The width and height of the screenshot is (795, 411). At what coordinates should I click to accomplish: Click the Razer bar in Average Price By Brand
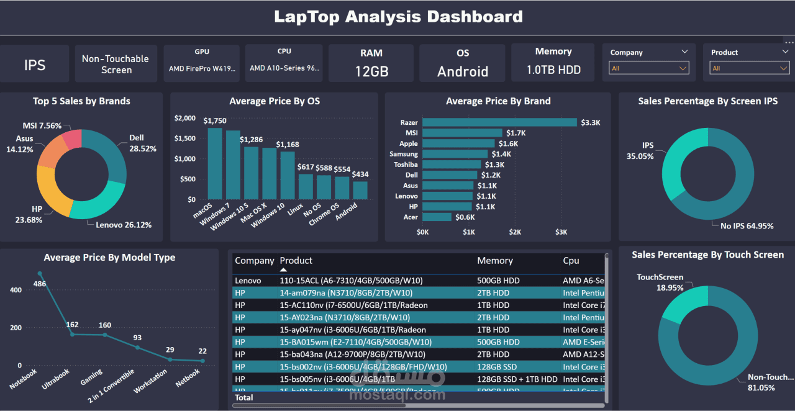pyautogui.click(x=499, y=122)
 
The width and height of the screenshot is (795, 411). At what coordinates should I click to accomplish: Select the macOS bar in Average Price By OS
pyautogui.click(x=215, y=165)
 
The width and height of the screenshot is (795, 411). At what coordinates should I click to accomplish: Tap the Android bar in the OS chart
pyautogui.click(x=360, y=190)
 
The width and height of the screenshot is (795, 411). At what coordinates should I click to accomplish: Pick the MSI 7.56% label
pyautogui.click(x=42, y=126)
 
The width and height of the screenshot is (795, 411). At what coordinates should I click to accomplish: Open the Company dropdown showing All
pyautogui.click(x=648, y=68)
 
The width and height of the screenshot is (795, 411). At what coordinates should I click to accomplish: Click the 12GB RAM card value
pyautogui.click(x=371, y=71)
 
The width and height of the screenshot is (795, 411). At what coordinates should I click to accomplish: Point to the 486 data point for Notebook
pyautogui.click(x=40, y=273)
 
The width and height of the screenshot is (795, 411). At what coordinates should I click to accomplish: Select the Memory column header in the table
pyautogui.click(x=494, y=261)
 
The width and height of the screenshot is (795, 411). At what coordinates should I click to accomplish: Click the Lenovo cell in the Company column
pyautogui.click(x=248, y=281)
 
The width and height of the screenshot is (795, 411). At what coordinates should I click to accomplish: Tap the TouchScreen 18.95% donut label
pyautogui.click(x=660, y=282)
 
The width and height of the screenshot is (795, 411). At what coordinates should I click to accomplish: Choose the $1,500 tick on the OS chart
pyautogui.click(x=185, y=138)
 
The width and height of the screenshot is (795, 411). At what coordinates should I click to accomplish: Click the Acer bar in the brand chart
pyautogui.click(x=437, y=217)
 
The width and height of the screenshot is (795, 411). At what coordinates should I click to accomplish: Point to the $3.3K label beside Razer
pyautogui.click(x=590, y=123)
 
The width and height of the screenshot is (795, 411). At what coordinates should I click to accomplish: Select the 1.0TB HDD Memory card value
pyautogui.click(x=553, y=70)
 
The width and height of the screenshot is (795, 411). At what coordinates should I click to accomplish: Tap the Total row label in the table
pyautogui.click(x=244, y=397)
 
